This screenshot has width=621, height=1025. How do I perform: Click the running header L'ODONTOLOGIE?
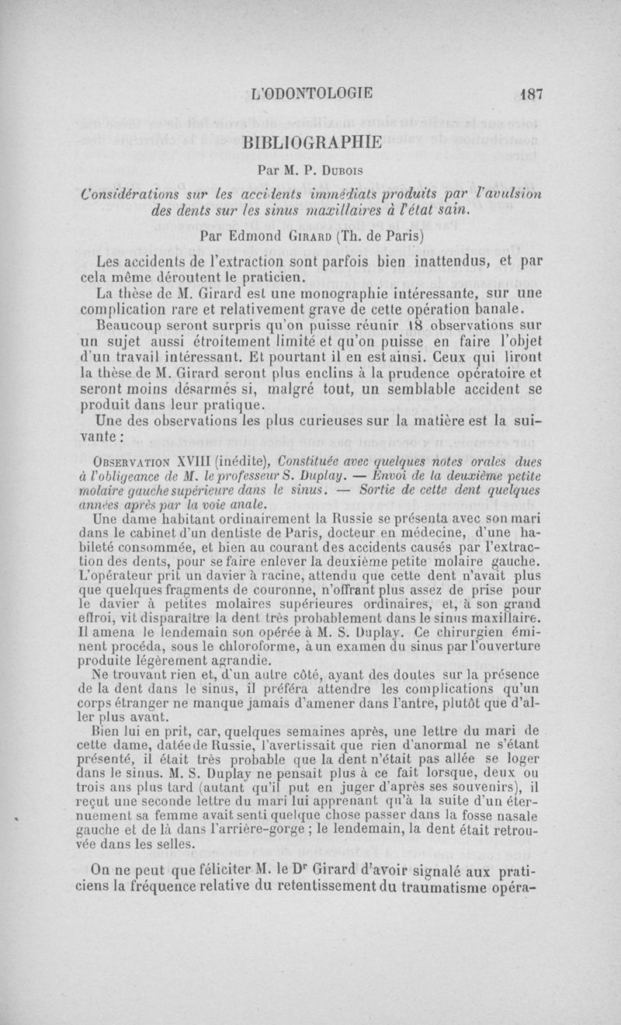[313, 93]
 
